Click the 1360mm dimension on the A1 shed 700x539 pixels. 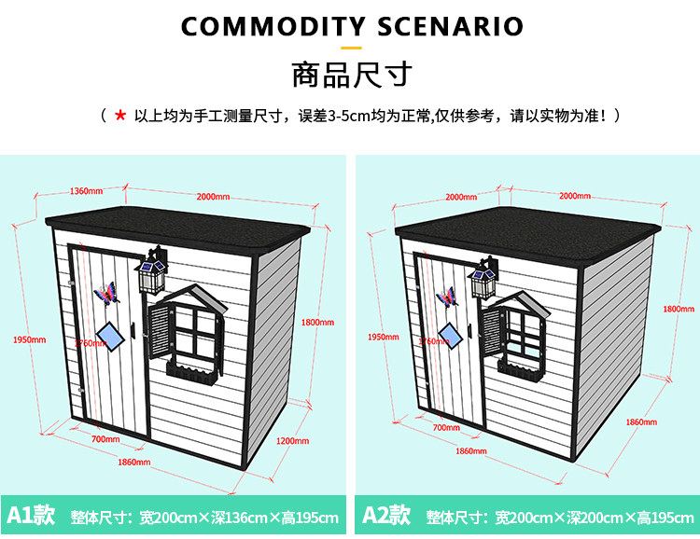[86, 191]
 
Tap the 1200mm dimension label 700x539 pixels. [292, 441]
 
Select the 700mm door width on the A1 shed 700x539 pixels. [105, 439]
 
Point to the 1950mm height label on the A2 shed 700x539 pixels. [383, 337]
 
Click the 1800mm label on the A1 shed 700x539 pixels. [317, 322]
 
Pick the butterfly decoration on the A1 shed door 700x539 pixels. [106, 293]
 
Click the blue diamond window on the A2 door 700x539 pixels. [450, 336]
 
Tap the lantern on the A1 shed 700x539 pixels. [152, 270]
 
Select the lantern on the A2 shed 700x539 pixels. [483, 278]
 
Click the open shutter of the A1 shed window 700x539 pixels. [159, 331]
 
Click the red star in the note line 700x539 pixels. [120, 116]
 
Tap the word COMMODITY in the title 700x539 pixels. [273, 26]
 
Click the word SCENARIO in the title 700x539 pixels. [451, 26]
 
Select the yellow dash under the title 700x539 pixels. [351, 48]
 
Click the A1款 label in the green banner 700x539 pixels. [31, 515]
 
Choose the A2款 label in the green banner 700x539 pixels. [386, 515]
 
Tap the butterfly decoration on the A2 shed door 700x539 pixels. [447, 297]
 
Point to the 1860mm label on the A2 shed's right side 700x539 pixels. [641, 422]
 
